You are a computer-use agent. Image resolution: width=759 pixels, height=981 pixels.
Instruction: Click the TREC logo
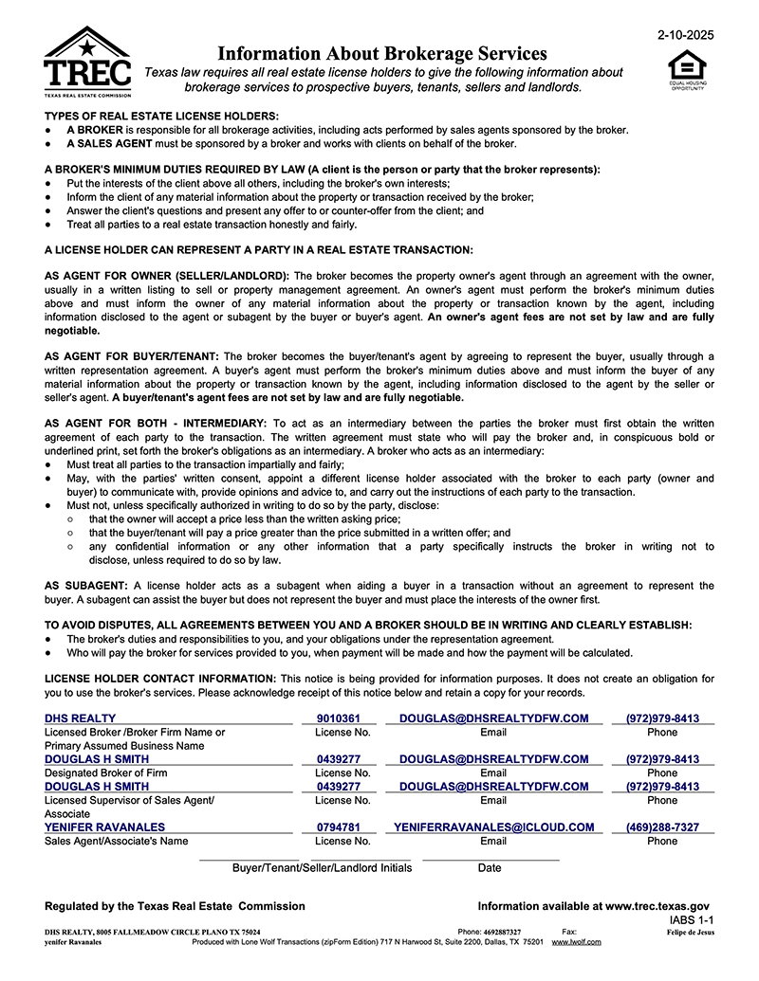click(87, 63)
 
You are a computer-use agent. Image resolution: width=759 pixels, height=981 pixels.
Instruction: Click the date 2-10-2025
click(685, 35)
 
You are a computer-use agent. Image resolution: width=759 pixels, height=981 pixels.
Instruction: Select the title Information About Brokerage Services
click(382, 53)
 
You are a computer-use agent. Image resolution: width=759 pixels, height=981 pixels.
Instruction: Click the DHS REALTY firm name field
click(81, 718)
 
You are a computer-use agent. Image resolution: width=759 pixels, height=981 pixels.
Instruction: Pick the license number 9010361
click(339, 718)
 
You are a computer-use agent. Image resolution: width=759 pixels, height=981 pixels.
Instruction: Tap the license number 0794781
click(339, 827)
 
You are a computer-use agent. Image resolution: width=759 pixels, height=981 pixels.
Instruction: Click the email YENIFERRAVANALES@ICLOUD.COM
click(493, 827)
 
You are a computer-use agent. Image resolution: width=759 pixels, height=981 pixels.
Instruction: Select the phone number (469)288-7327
click(662, 827)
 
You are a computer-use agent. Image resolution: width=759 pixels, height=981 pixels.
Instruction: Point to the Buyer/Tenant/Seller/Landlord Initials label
click(322, 867)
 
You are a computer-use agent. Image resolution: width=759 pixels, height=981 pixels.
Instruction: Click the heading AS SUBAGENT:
click(89, 586)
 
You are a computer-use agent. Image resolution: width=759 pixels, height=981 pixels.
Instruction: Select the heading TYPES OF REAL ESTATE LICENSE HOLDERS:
click(162, 116)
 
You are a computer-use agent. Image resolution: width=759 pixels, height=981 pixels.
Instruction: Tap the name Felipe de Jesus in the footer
click(691, 933)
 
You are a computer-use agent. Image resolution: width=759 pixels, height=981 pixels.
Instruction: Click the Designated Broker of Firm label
click(106, 773)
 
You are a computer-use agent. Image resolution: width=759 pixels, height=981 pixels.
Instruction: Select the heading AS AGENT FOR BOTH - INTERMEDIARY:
click(157, 423)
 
